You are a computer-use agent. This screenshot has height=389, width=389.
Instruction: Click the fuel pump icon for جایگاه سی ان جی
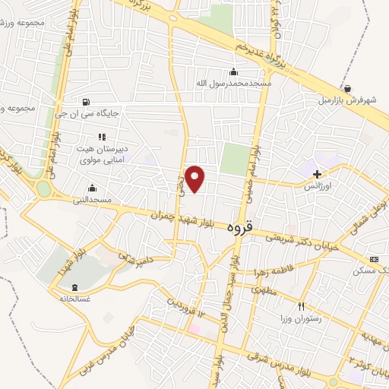pos(84,102)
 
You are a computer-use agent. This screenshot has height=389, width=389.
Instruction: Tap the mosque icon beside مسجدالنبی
pos(93,188)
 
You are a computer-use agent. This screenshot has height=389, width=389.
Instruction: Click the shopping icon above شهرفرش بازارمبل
pos(346,88)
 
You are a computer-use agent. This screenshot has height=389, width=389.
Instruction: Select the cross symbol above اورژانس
pos(317,174)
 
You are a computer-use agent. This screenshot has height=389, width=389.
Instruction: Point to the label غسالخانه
pos(75,299)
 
